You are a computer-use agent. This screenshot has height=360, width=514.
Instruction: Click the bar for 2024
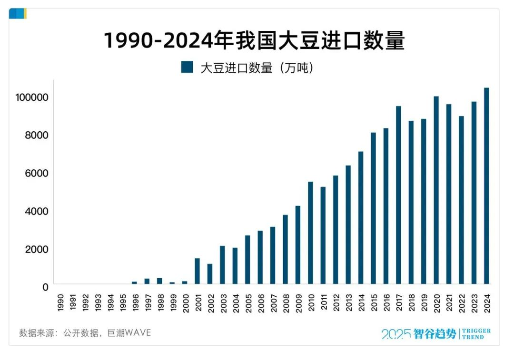[x=486, y=185]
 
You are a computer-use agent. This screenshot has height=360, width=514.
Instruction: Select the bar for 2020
[x=436, y=190]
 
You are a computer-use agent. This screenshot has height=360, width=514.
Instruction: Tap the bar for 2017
[x=398, y=195]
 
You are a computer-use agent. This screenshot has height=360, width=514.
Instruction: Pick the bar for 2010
[x=310, y=233]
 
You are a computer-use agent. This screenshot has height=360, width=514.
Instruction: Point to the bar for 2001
[x=197, y=271]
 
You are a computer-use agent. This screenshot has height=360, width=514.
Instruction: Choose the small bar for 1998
[x=159, y=281]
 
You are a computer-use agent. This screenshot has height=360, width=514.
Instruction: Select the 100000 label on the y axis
[x=32, y=97]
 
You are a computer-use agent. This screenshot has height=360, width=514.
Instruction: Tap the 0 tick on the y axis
[x=45, y=287]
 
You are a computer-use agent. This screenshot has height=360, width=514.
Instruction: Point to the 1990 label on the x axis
[x=59, y=302]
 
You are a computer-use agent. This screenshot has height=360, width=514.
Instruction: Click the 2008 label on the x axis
[x=286, y=302]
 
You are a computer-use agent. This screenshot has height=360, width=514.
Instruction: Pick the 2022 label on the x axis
[x=461, y=302]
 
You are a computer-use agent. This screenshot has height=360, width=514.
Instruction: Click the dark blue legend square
[x=187, y=67]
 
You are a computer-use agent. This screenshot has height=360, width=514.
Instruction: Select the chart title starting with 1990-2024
[x=254, y=41]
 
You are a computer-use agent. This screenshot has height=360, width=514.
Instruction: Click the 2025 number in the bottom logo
[x=396, y=334]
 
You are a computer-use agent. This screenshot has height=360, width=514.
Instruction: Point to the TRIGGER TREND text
[x=476, y=334]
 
